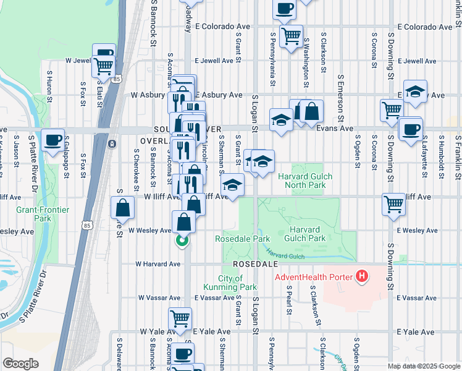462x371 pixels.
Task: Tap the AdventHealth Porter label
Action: (x=315, y=276)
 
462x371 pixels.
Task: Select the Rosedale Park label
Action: (x=242, y=239)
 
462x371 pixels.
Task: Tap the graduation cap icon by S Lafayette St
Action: (x=416, y=91)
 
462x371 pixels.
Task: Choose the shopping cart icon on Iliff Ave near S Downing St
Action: (x=393, y=203)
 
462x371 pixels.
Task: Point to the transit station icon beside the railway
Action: (x=112, y=143)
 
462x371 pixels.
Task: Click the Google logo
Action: (x=20, y=364)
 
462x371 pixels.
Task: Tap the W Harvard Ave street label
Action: (x=158, y=263)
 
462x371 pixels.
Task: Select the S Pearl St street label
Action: (x=288, y=299)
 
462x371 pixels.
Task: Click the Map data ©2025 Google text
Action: (x=423, y=366)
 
